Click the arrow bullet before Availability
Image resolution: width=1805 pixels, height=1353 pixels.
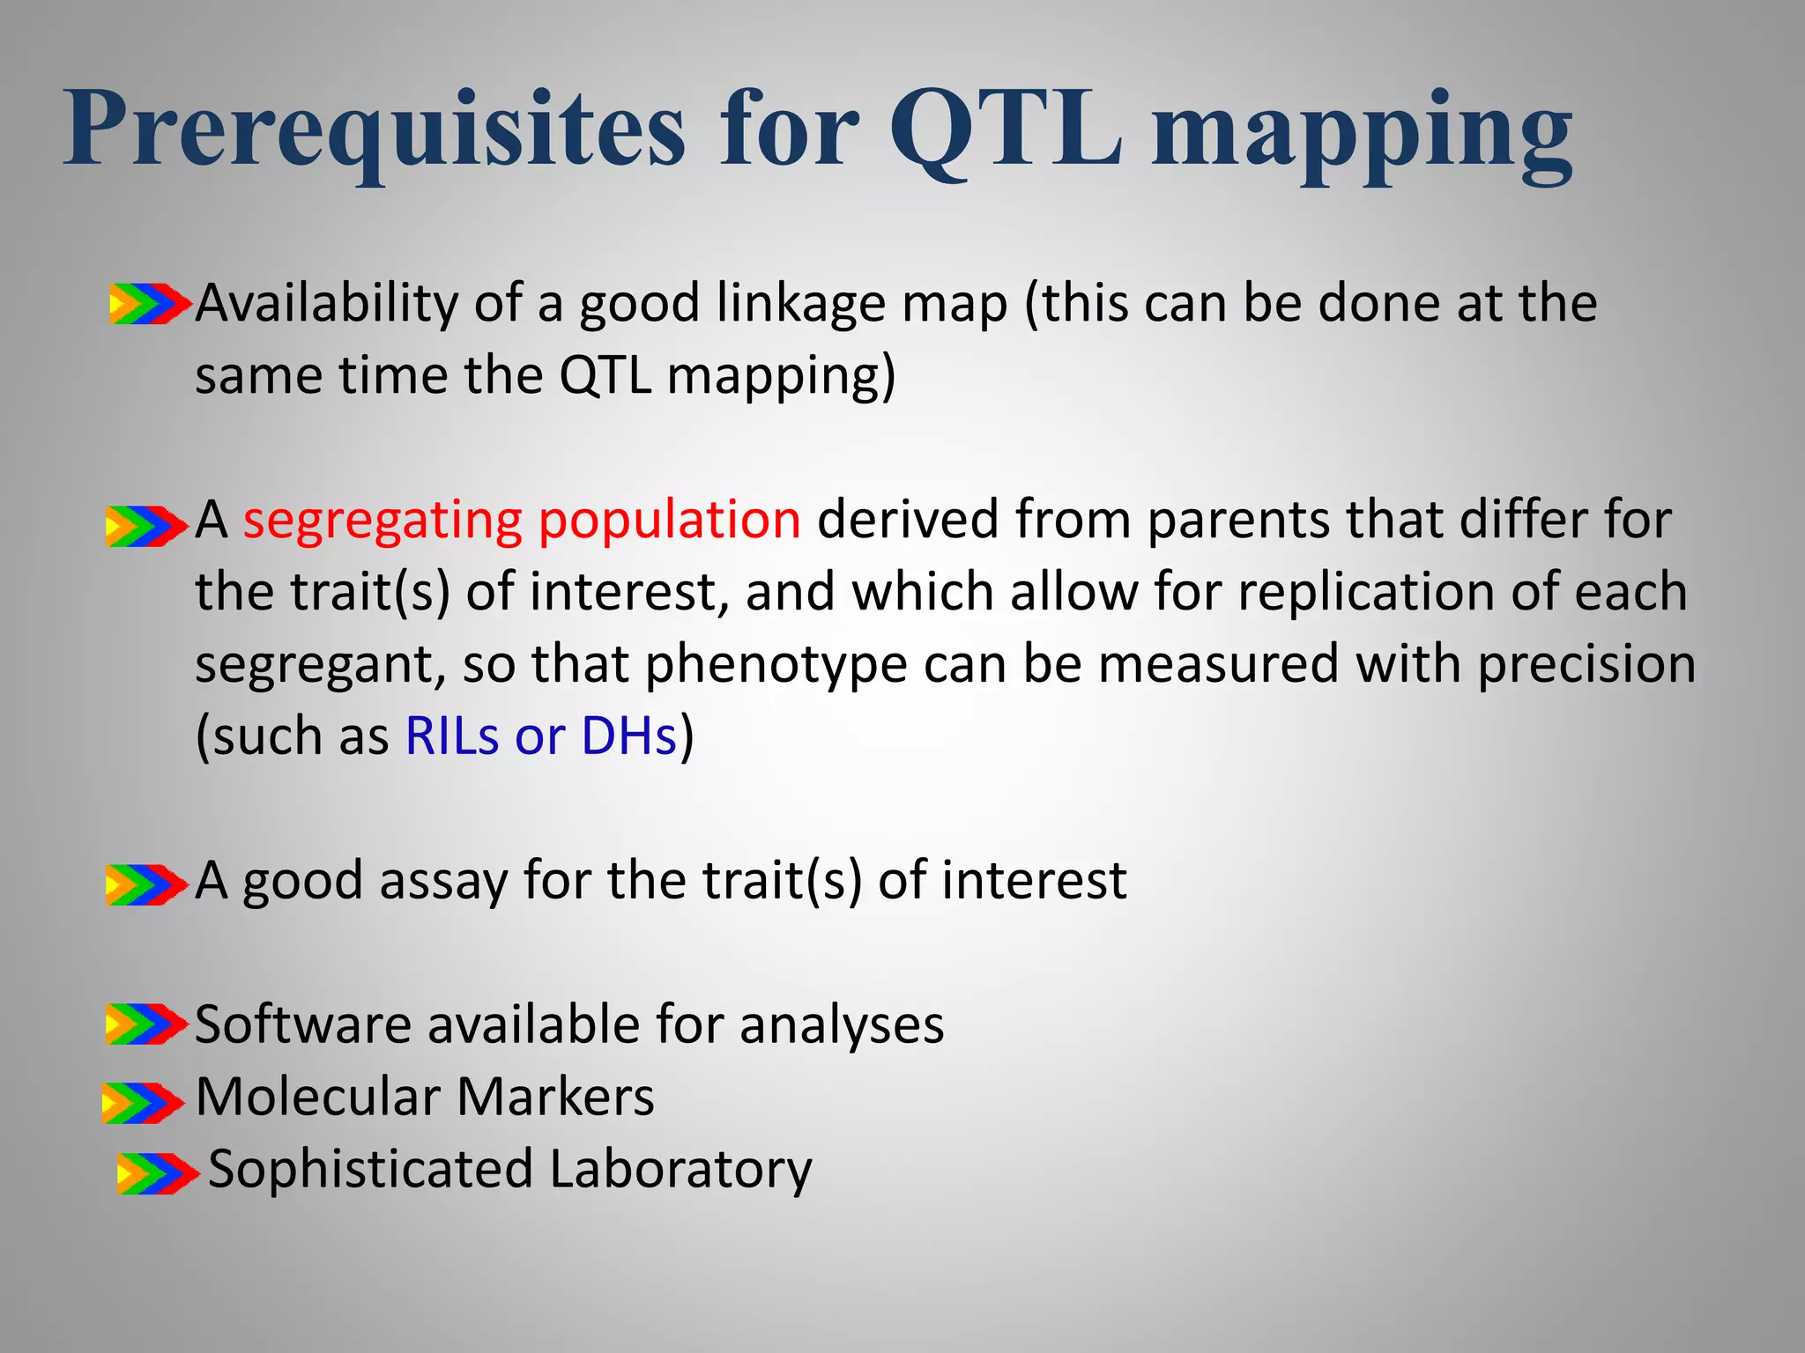[149, 304]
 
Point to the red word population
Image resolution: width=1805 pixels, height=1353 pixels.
[669, 520]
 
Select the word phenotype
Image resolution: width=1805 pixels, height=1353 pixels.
[776, 665]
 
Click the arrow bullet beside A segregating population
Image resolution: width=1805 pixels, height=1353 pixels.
[146, 526]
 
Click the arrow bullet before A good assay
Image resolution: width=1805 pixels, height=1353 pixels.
[146, 884]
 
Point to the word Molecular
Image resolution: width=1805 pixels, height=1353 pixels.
[317, 1098]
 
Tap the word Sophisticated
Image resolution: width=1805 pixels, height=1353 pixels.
[370, 1170]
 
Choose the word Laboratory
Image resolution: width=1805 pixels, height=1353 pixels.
[680, 1170]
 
